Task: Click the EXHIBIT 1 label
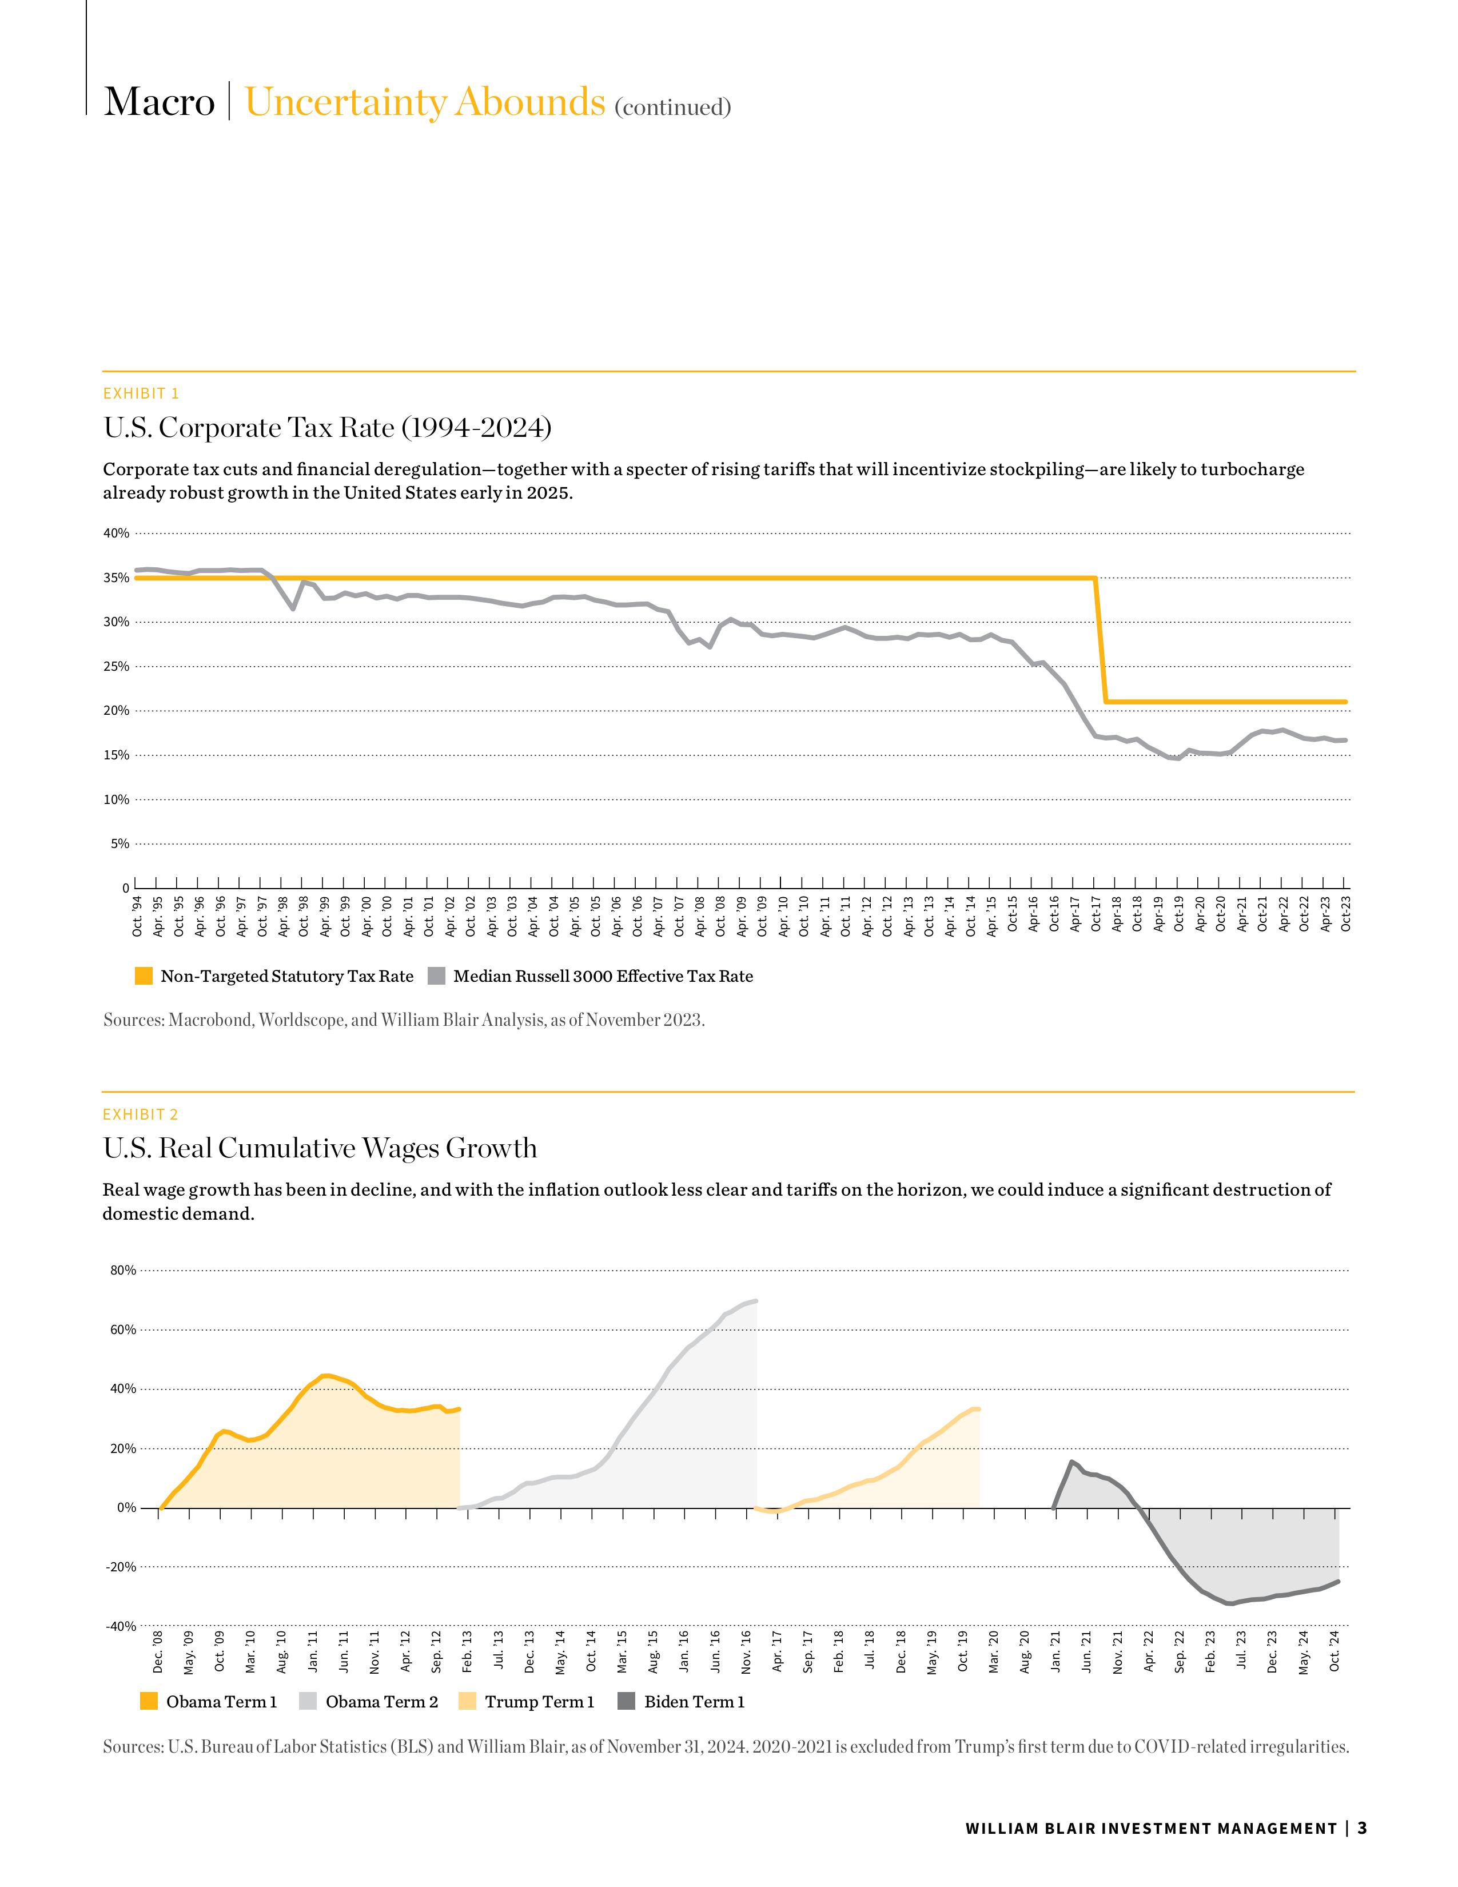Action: (141, 394)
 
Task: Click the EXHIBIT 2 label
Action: (141, 1114)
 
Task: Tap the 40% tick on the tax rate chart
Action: (117, 533)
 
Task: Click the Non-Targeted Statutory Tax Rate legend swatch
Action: (144, 976)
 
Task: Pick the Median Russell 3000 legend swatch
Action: (437, 976)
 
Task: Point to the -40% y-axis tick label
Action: (121, 1626)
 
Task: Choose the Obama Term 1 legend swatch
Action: (149, 1701)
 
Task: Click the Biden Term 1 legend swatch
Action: (627, 1701)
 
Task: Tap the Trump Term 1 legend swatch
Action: (467, 1701)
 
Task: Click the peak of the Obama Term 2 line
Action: (756, 1300)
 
